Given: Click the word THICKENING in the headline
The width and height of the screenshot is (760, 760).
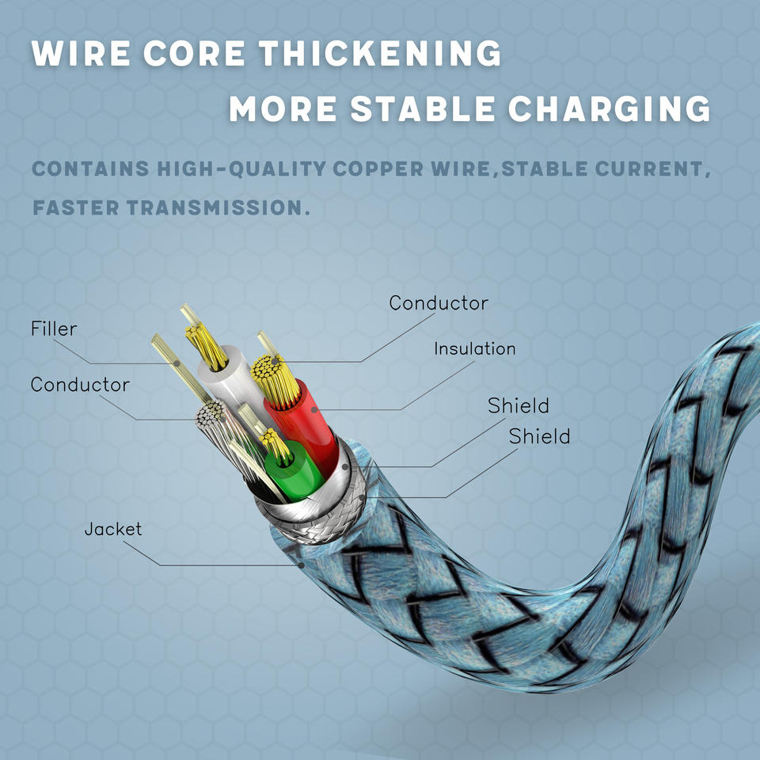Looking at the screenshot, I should tap(381, 54).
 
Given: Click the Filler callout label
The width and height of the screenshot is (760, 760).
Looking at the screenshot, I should tap(54, 329).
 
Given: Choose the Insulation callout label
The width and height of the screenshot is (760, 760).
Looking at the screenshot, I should tap(474, 348).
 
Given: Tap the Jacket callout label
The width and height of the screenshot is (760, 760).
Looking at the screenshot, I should tap(113, 528).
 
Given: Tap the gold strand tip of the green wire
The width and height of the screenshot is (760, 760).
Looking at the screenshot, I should tap(275, 443).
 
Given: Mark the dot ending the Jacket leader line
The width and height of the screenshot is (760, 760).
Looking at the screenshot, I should tap(302, 564).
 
